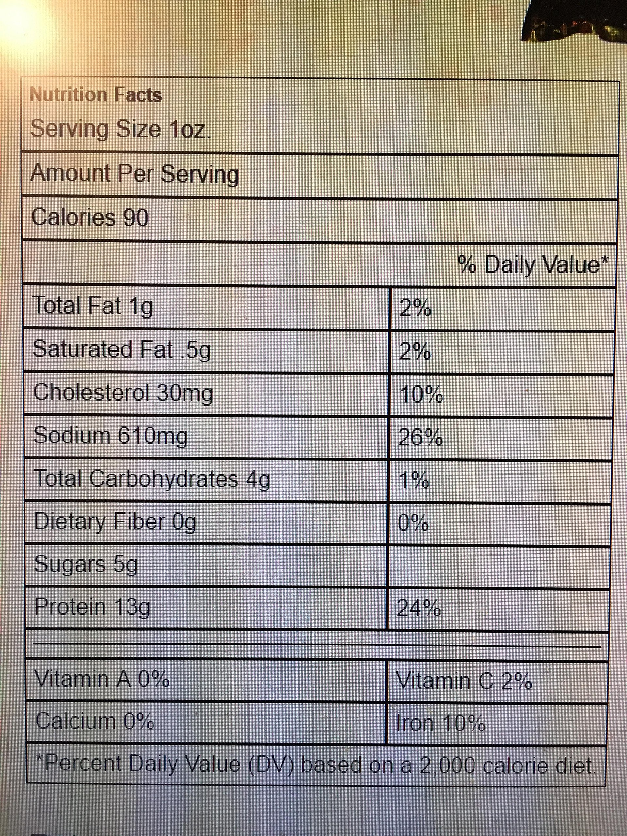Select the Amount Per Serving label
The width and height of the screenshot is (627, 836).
[135, 174]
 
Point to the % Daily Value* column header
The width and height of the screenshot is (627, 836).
[533, 264]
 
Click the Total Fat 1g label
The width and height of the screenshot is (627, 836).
[93, 306]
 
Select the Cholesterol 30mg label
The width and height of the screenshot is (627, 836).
[123, 393]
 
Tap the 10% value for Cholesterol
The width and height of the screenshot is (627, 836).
[421, 395]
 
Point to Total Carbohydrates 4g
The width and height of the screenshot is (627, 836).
[152, 479]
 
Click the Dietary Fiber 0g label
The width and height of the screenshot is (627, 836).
[115, 522]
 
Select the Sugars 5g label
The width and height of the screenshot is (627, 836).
[86, 565]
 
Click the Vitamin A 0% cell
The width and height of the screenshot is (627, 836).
[102, 680]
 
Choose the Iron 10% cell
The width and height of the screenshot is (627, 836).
[440, 724]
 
